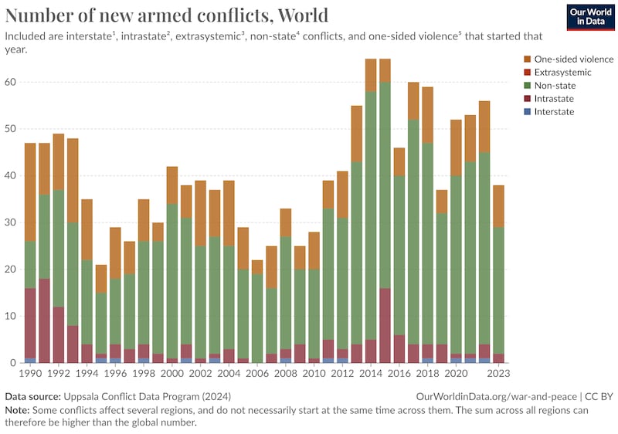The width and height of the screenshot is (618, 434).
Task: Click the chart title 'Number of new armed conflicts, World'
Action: [167, 15]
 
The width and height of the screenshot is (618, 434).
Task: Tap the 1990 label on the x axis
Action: [31, 372]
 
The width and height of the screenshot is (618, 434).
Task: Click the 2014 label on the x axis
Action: [371, 372]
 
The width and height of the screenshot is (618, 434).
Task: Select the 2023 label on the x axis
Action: [498, 372]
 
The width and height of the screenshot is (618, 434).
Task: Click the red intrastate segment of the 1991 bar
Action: [45, 320]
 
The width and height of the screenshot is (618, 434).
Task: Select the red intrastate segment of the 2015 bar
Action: [385, 325]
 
